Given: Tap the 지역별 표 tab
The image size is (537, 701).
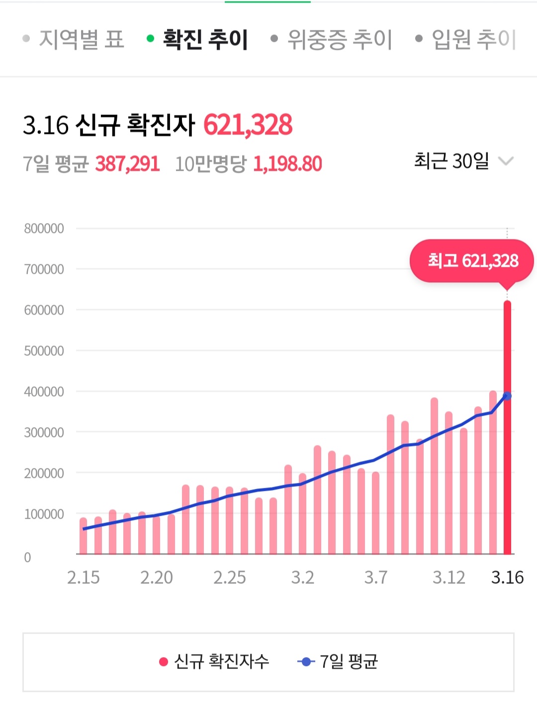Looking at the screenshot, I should tap(81, 39).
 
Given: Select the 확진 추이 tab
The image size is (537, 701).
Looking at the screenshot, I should tap(205, 39).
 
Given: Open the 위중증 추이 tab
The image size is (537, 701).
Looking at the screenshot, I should tap(340, 39).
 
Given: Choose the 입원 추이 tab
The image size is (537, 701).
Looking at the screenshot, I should tap(473, 39).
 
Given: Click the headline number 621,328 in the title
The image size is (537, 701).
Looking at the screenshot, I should tap(248, 124).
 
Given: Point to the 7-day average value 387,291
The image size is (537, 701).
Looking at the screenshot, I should tap(127, 164).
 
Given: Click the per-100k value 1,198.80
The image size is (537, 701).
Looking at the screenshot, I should tap(287, 164).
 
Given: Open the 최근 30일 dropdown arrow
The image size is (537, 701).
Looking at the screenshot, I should tap(506, 161).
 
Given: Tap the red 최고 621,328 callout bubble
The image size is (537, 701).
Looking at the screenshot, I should tap(471, 261).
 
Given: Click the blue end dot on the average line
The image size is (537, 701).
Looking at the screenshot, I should tap(507, 396).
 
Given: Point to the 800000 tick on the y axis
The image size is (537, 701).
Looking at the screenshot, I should tap(44, 229).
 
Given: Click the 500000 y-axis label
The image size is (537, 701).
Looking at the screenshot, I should tap(44, 351).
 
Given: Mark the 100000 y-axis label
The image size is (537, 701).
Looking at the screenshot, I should tap(44, 514).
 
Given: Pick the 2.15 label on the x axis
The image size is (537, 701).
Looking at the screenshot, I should tap(83, 578).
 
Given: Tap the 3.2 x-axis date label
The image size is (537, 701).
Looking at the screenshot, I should tap(302, 578).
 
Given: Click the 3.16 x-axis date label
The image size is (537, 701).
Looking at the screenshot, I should tap(507, 578).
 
